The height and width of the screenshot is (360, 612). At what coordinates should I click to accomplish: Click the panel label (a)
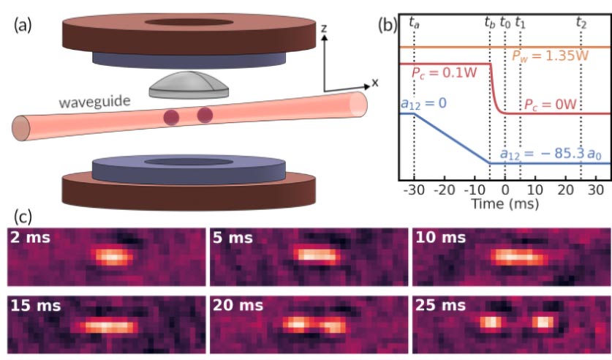coord(23,26)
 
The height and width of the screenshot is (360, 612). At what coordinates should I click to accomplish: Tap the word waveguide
coord(95,102)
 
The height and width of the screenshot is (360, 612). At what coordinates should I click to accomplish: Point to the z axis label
coord(324,28)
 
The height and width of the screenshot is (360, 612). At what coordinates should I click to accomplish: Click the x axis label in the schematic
coord(375,83)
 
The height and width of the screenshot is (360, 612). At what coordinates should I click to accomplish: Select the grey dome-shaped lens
coord(189,85)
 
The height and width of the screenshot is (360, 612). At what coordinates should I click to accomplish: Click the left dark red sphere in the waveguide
coord(171,117)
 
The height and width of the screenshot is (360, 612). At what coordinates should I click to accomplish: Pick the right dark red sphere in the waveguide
coord(205,115)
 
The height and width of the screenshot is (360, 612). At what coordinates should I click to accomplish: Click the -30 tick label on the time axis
coord(414,190)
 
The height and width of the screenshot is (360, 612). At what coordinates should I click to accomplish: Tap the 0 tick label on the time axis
coord(505,190)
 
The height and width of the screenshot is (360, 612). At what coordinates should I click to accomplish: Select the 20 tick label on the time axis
coord(565,190)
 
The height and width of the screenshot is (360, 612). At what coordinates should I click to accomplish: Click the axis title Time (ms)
coord(505,203)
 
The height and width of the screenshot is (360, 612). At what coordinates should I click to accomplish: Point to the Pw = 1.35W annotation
coord(550,56)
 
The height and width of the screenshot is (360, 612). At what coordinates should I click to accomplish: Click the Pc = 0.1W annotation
coord(444,73)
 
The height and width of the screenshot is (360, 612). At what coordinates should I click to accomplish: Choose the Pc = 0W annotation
coord(551,105)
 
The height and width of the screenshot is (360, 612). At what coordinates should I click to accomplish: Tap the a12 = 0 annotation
coord(423,104)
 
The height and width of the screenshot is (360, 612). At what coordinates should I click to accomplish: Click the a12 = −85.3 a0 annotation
coord(551,154)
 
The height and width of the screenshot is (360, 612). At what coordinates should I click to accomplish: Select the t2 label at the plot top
coord(581,23)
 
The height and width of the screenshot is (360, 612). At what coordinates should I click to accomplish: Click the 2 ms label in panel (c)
coord(31,237)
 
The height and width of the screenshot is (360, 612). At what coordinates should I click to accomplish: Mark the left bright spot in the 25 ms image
coord(490,323)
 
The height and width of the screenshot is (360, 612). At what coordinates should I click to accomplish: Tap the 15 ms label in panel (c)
coord(36,305)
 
